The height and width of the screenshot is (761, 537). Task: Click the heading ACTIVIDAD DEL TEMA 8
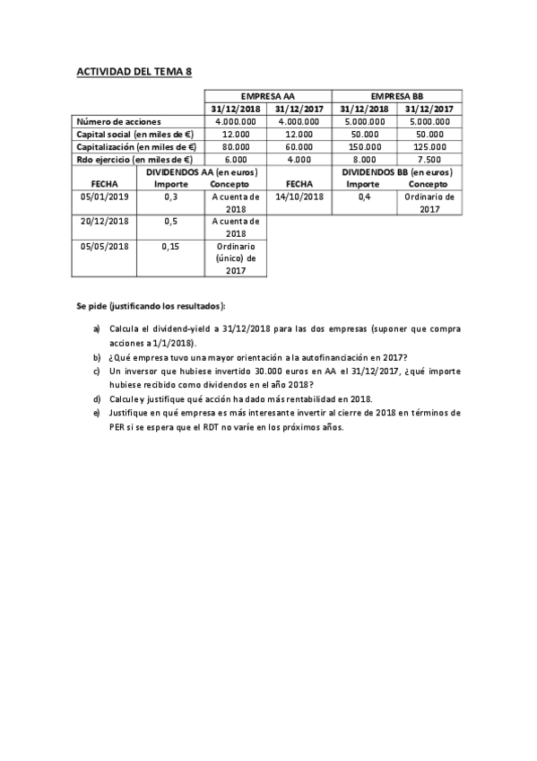coord(134,70)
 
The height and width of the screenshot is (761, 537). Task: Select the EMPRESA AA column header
coord(268,95)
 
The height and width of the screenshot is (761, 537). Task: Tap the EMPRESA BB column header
coord(397,95)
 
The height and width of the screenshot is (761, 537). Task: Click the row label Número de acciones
coord(119,121)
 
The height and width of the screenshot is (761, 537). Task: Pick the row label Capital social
coord(135,134)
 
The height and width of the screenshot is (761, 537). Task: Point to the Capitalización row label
coord(136,146)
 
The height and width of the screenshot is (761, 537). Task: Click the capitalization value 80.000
coord(236,146)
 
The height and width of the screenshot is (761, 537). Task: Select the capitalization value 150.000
coord(365,146)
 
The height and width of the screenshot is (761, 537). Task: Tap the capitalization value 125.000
coord(429,146)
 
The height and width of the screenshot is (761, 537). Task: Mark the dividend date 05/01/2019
coord(105,197)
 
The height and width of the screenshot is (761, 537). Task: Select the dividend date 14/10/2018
coord(299,197)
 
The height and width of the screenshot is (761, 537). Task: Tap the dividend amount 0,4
coord(364,197)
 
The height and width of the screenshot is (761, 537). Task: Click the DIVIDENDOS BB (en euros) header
coord(397,171)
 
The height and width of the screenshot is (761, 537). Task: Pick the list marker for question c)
coord(97,371)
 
